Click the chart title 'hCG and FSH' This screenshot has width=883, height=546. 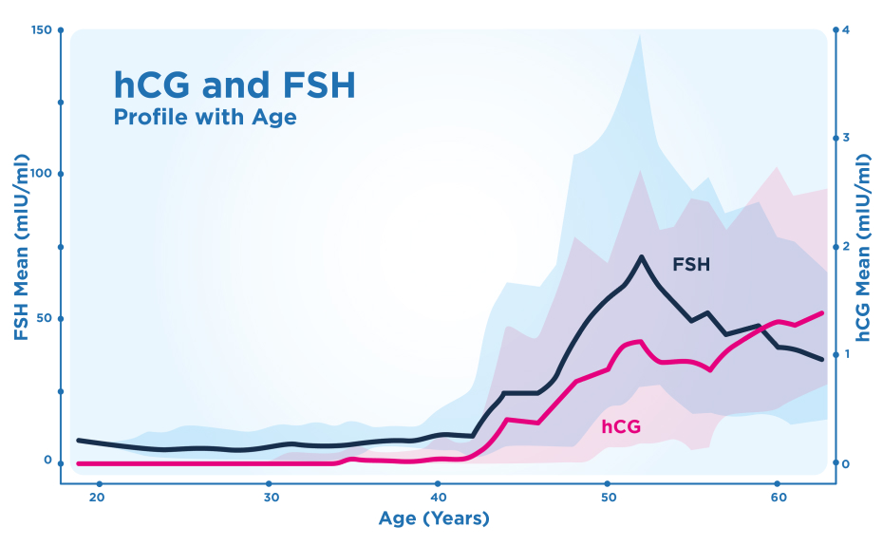[235, 85]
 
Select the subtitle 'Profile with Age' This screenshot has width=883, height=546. [205, 118]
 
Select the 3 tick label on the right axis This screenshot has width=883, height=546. [846, 138]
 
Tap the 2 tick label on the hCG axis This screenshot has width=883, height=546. [846, 246]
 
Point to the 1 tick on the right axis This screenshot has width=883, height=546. [846, 354]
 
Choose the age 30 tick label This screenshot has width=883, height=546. [271, 498]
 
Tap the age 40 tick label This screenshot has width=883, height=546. [439, 498]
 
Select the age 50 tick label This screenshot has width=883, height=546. [608, 498]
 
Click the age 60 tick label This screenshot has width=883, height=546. [777, 498]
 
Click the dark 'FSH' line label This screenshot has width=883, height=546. [691, 265]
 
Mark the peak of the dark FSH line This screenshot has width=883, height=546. [642, 256]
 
